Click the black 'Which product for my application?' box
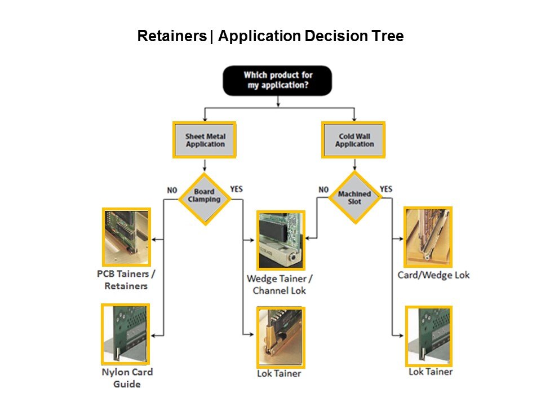pyautogui.click(x=277, y=80)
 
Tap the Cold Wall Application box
pyautogui.click(x=354, y=140)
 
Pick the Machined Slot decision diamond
pyautogui.click(x=354, y=197)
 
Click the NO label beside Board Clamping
pyautogui.click(x=172, y=190)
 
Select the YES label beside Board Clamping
pyautogui.click(x=236, y=188)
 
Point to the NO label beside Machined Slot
pyautogui.click(x=323, y=189)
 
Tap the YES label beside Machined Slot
pyautogui.click(x=386, y=188)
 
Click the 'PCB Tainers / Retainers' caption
pyautogui.click(x=126, y=280)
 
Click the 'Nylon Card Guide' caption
pyautogui.click(x=127, y=378)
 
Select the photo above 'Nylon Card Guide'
pyautogui.click(x=125, y=334)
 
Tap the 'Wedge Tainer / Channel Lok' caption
pyautogui.click(x=280, y=284)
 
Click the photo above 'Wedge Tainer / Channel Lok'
pyautogui.click(x=281, y=240)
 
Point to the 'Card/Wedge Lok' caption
pyautogui.click(x=433, y=275)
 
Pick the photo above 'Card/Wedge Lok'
pyautogui.click(x=428, y=236)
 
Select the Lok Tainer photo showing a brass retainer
pyautogui.click(x=280, y=337)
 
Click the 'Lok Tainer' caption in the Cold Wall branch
pyautogui.click(x=431, y=372)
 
